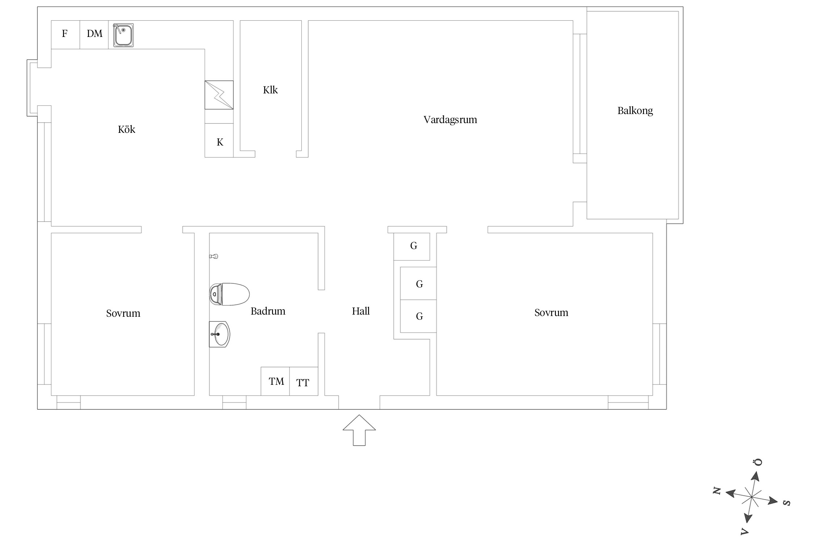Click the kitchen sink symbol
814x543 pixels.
tap(123, 35)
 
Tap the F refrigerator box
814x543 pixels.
tap(65, 35)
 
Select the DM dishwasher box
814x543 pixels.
tap(94, 35)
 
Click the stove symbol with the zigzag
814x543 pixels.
tap(219, 95)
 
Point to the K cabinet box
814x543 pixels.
tap(219, 140)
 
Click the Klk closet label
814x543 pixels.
tap(270, 90)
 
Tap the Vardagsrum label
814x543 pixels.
tap(450, 120)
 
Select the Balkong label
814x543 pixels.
tap(635, 111)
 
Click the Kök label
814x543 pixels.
tap(126, 129)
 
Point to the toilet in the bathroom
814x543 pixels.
tap(229, 294)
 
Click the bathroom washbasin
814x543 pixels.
tap(219, 334)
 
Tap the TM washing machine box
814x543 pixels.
tap(275, 381)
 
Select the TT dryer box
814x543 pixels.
tap(304, 381)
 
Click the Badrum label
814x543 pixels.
tap(268, 311)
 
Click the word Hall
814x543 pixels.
tap(361, 311)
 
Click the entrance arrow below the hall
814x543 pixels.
tap(359, 430)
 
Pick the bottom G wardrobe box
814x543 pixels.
tap(418, 316)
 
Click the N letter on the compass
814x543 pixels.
tap(717, 491)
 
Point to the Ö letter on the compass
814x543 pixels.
tap(758, 462)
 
